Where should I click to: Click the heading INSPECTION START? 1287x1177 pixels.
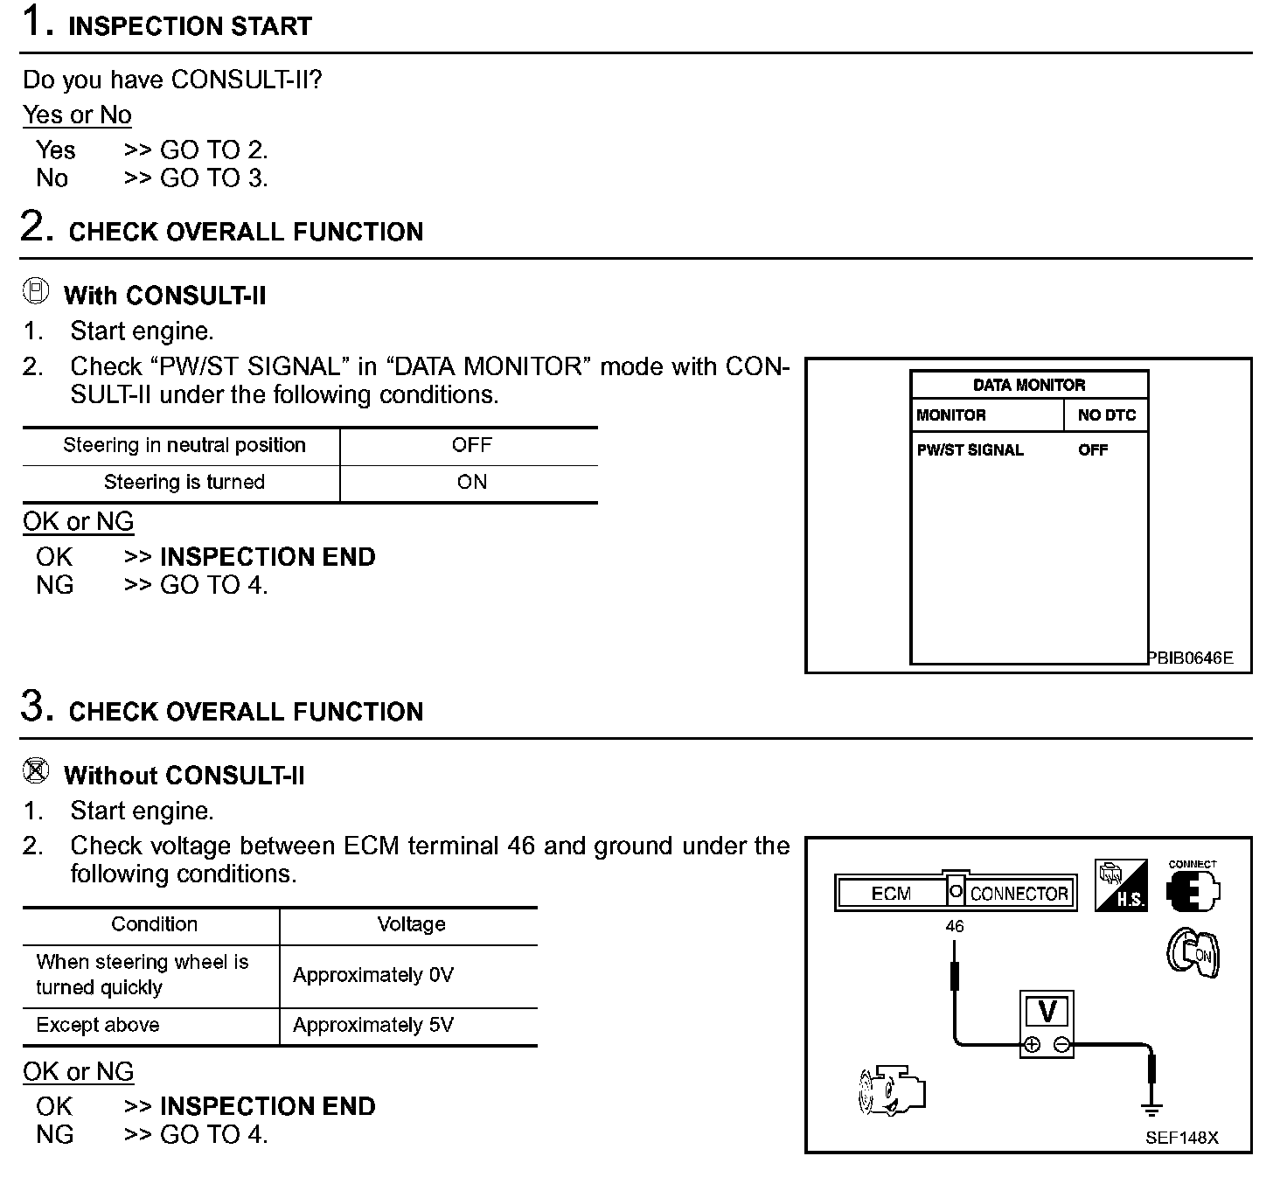click(190, 26)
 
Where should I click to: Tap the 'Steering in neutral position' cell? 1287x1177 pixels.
click(184, 445)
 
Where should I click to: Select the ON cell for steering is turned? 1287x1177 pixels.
click(471, 482)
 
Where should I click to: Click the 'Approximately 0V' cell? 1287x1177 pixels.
click(373, 975)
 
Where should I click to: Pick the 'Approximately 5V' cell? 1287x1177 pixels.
click(373, 1025)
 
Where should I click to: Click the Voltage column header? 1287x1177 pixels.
click(411, 924)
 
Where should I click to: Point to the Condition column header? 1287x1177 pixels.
click(154, 924)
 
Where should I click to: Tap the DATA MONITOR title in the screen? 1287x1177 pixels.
click(1028, 385)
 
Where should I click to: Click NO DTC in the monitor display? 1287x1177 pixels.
click(1106, 415)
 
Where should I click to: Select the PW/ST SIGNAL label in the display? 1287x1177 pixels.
click(970, 450)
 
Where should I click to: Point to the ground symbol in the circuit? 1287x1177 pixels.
click(1151, 1109)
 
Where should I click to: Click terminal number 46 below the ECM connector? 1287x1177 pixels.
click(955, 926)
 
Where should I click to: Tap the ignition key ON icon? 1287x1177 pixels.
click(1193, 953)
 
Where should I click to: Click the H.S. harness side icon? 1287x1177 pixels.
click(1121, 886)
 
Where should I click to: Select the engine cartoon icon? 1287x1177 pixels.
click(891, 1090)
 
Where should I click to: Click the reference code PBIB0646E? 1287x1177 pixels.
click(1190, 658)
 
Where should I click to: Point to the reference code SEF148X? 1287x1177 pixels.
click(1181, 1138)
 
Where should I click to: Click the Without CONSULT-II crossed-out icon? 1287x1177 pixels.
click(36, 772)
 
